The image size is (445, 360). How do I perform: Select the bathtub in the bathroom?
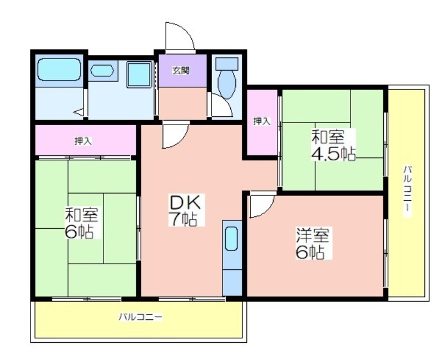click(x=59, y=70)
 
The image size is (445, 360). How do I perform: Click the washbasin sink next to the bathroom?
click(x=102, y=71)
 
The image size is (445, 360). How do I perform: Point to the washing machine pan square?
click(x=139, y=75)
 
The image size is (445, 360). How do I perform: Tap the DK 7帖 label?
click(x=186, y=210)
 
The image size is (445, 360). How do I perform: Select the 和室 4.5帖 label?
click(x=333, y=145)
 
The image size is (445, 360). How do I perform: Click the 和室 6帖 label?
click(x=81, y=224)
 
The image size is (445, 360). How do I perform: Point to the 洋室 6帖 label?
click(x=313, y=244)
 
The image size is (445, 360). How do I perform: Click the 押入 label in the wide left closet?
click(x=83, y=141)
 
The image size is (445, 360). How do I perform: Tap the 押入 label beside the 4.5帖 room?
click(x=261, y=122)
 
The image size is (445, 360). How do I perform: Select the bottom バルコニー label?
click(x=141, y=317)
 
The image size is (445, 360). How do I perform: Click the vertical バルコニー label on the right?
click(x=408, y=192)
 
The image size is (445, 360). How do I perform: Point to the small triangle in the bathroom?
click(x=78, y=112)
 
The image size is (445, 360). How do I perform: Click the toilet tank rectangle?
click(x=227, y=64)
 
